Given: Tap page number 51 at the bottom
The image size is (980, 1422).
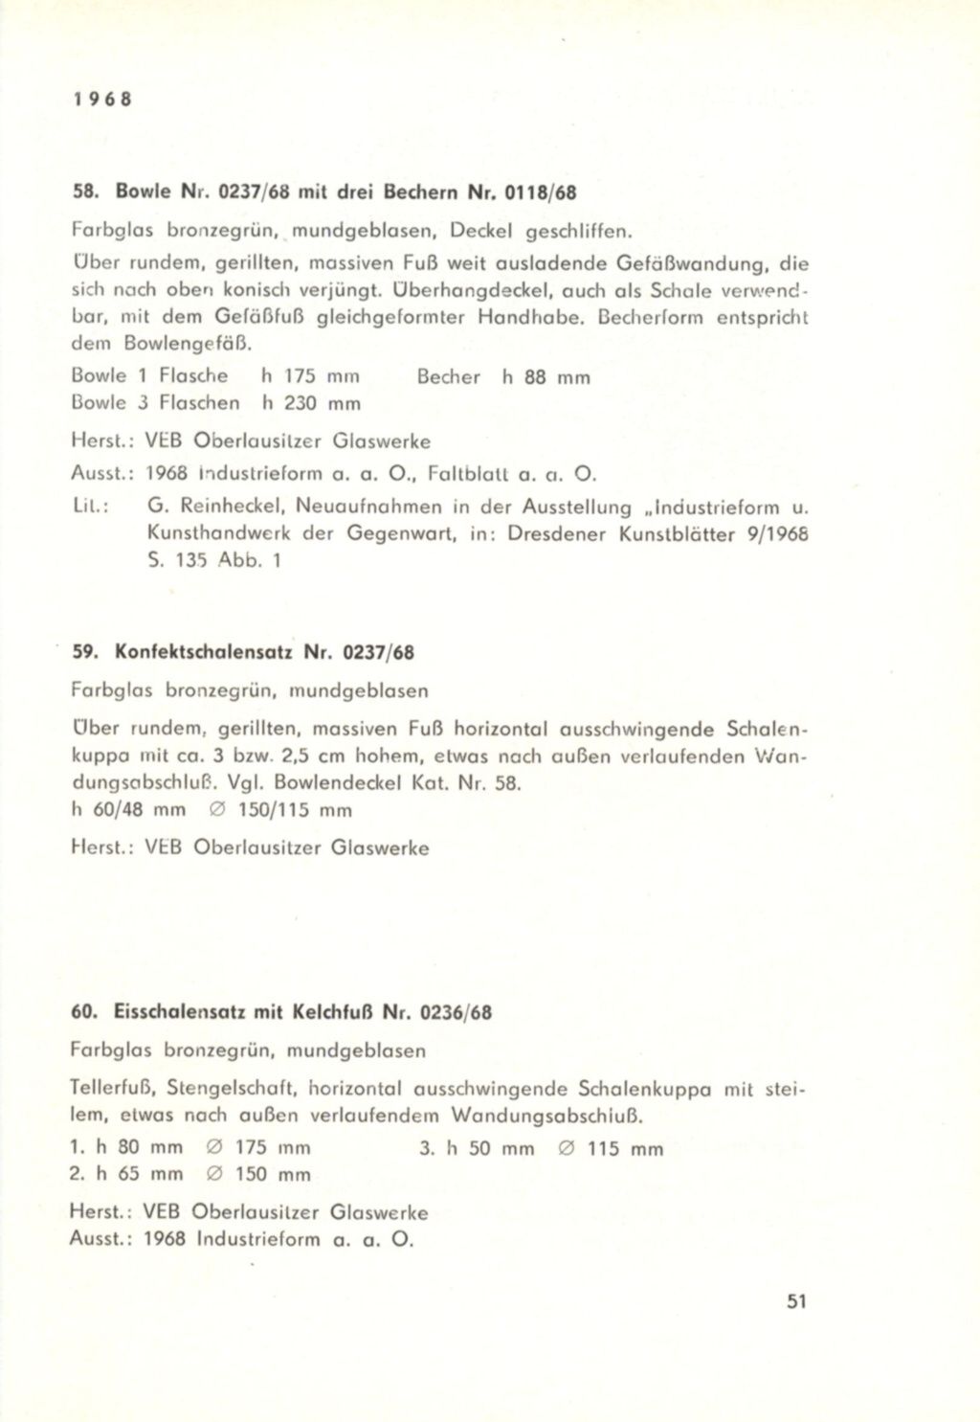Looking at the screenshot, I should point(796,1301).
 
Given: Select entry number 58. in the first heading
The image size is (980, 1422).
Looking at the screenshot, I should point(87,192).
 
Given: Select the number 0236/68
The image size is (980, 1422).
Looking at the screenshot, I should point(462,1012).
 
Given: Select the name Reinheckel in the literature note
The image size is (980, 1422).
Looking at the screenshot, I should point(235,507).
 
